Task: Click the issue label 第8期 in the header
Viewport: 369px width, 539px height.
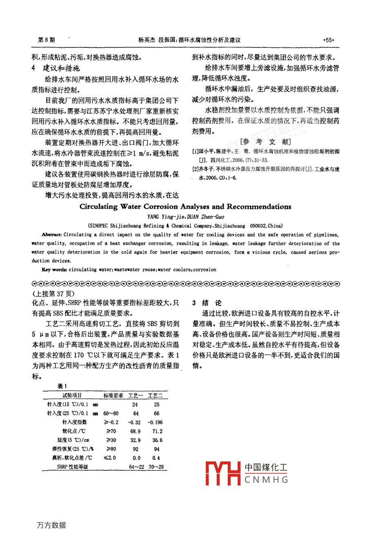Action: coord(47,40)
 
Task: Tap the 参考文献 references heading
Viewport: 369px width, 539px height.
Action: coord(266,142)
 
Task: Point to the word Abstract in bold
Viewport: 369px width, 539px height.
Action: coord(51,235)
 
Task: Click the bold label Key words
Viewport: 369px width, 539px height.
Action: coord(54,270)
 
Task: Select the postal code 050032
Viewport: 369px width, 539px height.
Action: coord(258,226)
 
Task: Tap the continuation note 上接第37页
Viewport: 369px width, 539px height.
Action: coord(53,294)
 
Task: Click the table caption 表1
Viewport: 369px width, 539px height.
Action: coord(62,386)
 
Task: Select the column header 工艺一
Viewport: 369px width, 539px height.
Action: coord(136,395)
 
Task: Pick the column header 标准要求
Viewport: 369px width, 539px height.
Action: coord(113,395)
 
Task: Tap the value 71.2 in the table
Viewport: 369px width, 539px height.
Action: coord(157,431)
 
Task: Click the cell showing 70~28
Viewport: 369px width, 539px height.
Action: coord(156,467)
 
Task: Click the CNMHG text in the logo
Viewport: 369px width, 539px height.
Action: coord(266,480)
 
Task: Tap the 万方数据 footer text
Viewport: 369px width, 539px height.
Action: coord(51,525)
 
